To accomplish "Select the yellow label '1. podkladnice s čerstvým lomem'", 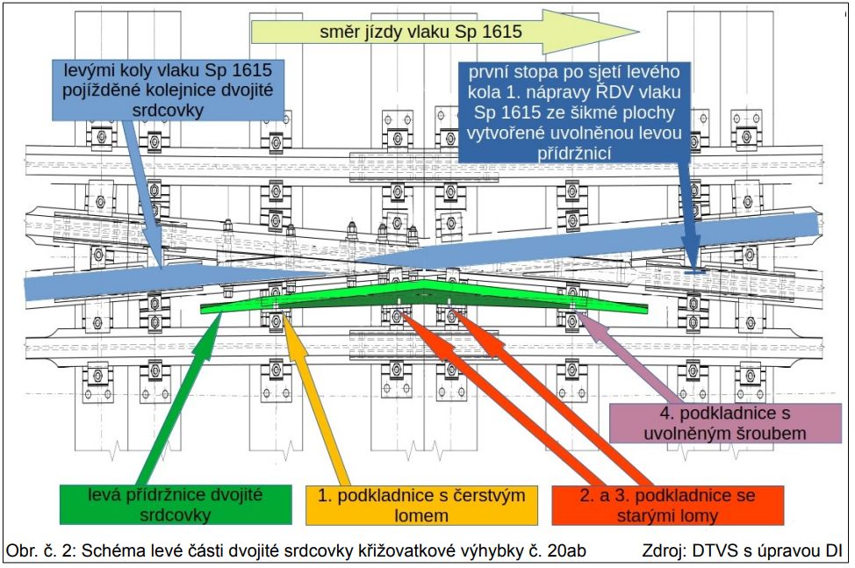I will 420,505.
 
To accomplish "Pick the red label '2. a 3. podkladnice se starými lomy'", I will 667,505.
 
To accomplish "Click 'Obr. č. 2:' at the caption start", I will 42,551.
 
